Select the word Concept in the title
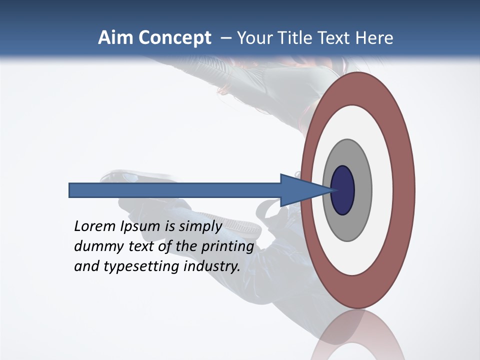coord(174,38)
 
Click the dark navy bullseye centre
coord(343,190)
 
